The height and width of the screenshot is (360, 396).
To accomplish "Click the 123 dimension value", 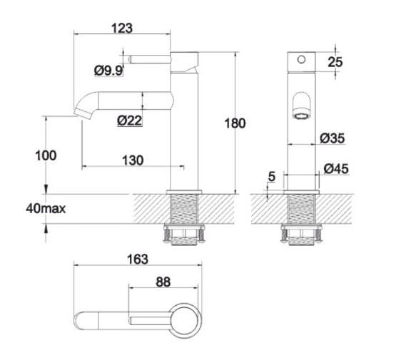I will (123, 28).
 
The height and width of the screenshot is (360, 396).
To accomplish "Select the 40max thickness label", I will (46, 209).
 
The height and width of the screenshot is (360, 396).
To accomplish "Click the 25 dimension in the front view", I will (335, 62).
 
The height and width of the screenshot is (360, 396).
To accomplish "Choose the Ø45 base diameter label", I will (336, 169).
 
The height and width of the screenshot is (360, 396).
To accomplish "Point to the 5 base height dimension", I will (273, 175).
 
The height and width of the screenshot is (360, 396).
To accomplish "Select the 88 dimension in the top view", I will (163, 282).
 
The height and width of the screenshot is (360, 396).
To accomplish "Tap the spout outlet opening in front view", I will (302, 113).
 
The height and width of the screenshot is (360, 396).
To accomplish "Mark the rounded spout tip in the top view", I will (81, 320).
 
